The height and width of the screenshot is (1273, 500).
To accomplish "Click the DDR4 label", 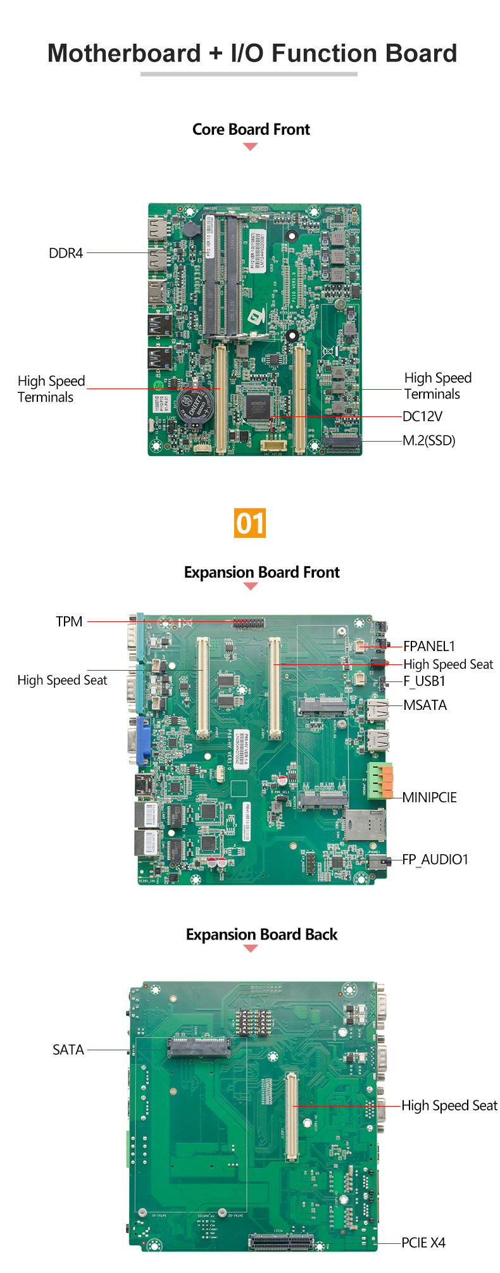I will (x=66, y=253).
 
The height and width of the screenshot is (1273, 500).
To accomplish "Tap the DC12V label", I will (x=422, y=416).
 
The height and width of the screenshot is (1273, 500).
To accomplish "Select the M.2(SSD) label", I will (x=429, y=440).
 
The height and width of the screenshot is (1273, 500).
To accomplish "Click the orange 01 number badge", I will (x=250, y=523).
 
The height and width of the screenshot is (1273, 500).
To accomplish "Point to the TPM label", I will (x=69, y=621).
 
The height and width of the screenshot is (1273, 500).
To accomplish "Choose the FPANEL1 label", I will (x=429, y=646).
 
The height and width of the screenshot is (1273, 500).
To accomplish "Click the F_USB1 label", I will (x=424, y=681).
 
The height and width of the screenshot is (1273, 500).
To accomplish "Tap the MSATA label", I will (x=425, y=705).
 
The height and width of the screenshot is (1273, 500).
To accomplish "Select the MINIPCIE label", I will (x=429, y=797).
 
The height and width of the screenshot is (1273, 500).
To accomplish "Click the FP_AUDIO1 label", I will (x=435, y=859).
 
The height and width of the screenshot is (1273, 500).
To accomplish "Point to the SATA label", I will (x=68, y=1050).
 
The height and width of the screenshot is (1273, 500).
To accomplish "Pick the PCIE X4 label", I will (x=423, y=1243).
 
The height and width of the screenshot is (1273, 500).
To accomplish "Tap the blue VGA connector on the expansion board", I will (x=143, y=740).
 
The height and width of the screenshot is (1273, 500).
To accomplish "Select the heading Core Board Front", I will (x=251, y=129).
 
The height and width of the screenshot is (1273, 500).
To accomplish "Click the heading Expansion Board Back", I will (x=261, y=935).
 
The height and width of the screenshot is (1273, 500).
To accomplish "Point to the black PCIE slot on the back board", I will (x=282, y=1242).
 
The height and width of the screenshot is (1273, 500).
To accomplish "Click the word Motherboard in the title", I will (x=124, y=54).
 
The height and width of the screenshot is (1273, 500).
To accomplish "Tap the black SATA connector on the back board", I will (x=199, y=1048).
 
